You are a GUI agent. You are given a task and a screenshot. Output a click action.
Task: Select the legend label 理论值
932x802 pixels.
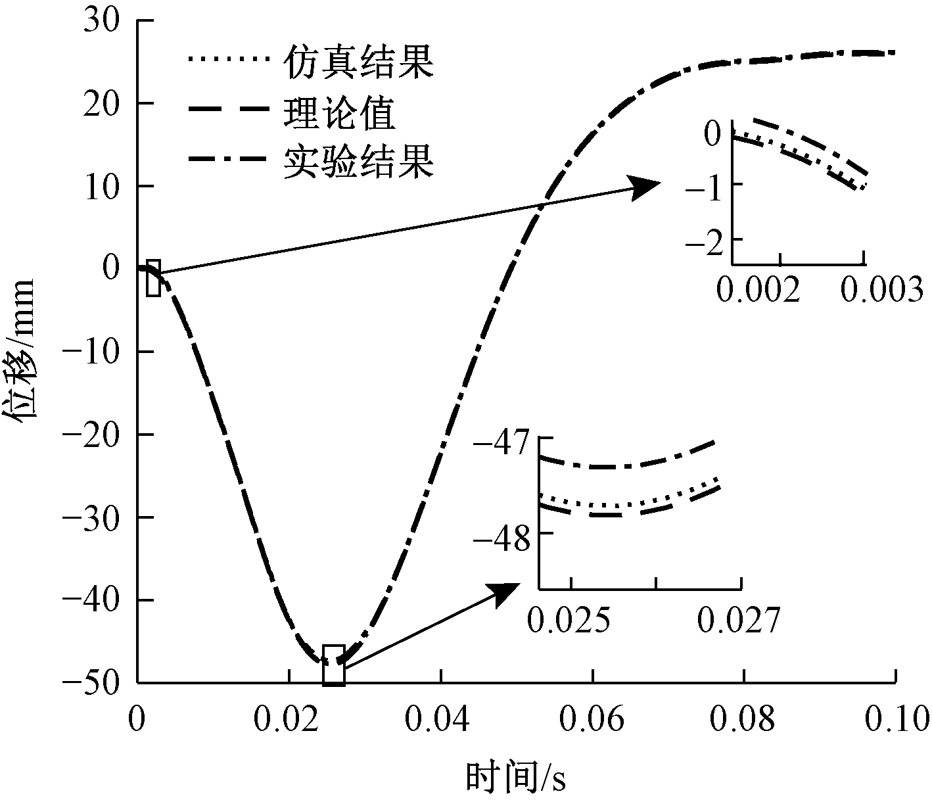tap(340, 113)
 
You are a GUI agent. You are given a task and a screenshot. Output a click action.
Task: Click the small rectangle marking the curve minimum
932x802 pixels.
tap(334, 665)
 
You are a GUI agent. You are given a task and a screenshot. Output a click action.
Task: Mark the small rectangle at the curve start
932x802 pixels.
tap(153, 278)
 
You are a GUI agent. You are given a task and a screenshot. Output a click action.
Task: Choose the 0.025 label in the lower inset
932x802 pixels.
tap(569, 619)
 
